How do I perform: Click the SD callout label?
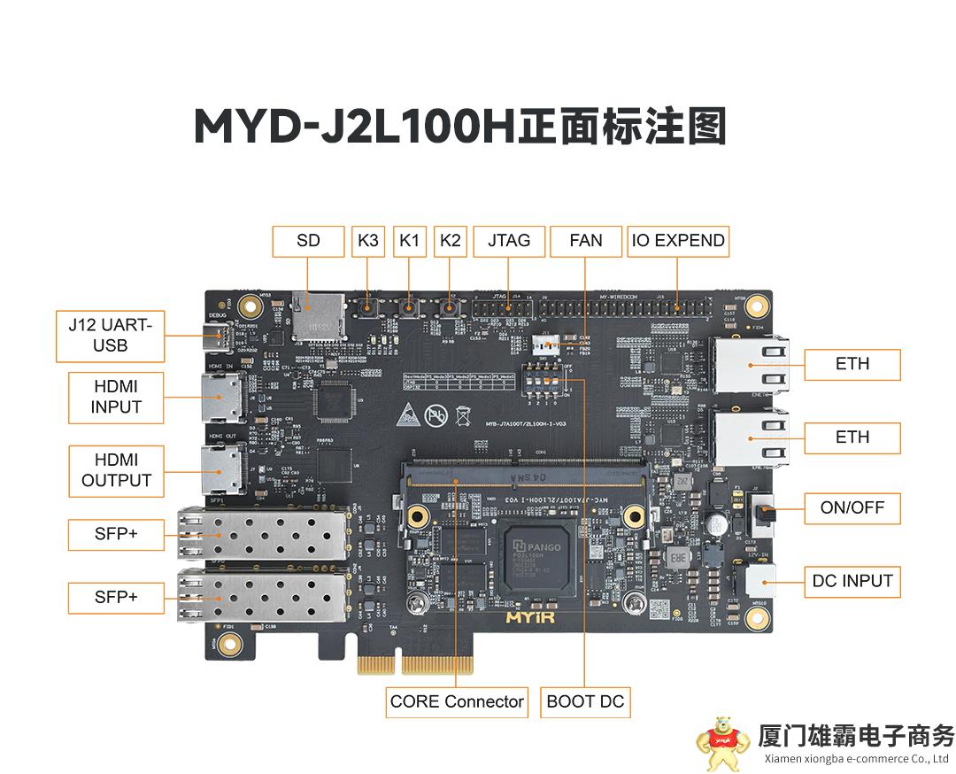click(x=308, y=241)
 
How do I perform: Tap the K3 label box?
click(x=368, y=241)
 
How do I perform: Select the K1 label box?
click(x=410, y=241)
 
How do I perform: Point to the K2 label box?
click(x=451, y=241)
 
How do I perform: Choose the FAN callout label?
click(x=586, y=241)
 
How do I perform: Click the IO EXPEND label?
click(x=678, y=241)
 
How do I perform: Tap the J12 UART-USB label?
click(x=110, y=336)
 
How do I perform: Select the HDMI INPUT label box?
click(x=116, y=398)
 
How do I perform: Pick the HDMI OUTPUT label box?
click(x=116, y=471)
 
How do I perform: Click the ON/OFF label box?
click(x=852, y=509)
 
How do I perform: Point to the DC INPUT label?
click(x=852, y=582)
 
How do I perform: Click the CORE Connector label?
click(x=457, y=702)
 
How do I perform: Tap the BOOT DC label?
click(x=585, y=702)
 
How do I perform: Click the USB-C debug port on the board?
click(x=219, y=337)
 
